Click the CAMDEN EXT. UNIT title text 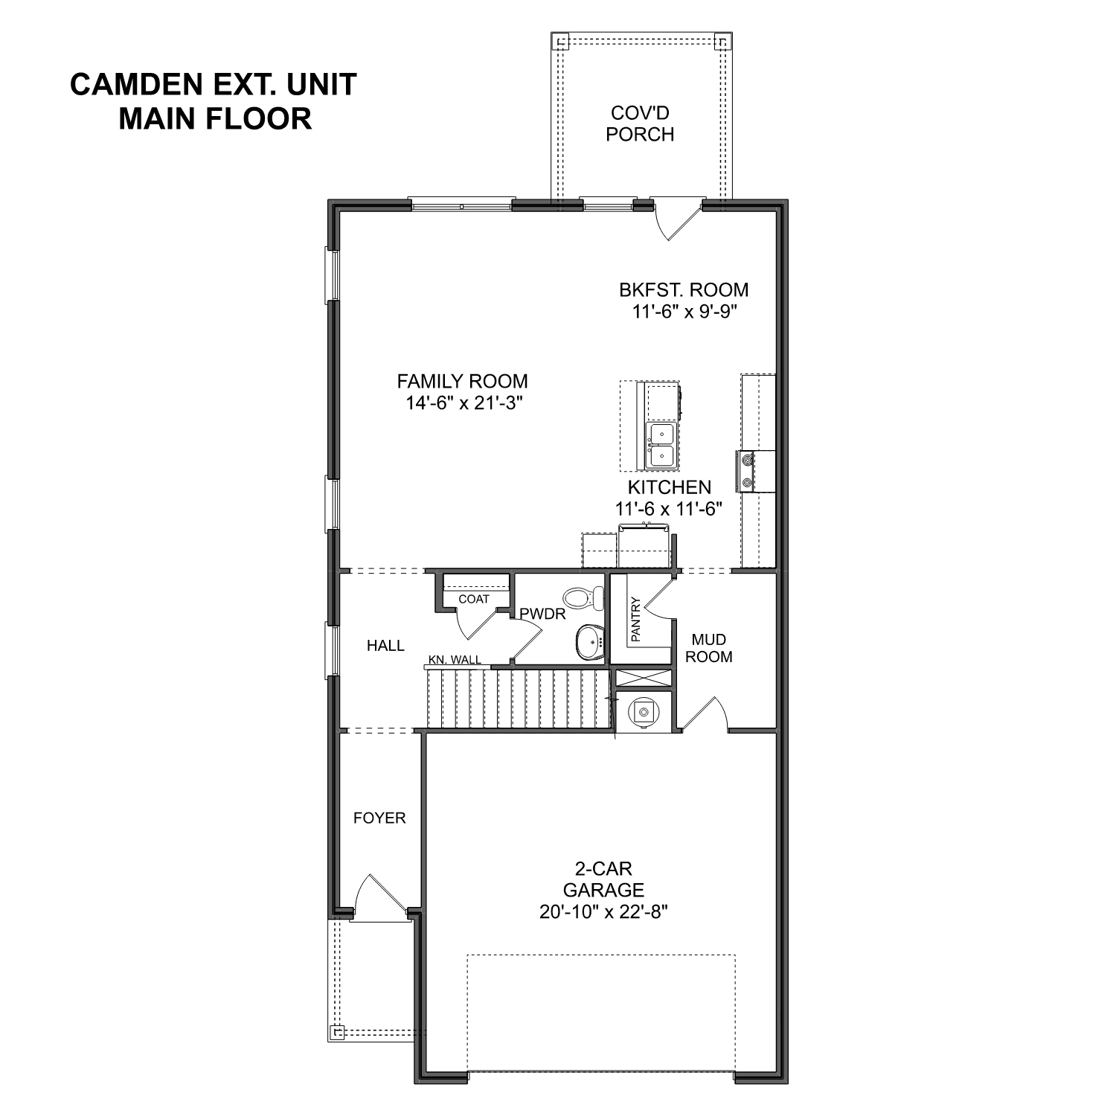tap(214, 84)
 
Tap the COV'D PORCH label tap(639, 124)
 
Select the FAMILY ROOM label tap(462, 381)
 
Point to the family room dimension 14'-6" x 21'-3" tap(462, 403)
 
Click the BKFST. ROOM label tap(684, 289)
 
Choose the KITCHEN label tap(669, 487)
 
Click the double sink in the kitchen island tap(660, 445)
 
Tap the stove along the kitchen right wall tap(746, 472)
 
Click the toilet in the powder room tap(586, 597)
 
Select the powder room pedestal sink tap(591, 641)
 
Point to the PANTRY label tap(635, 619)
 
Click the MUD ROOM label tap(708, 648)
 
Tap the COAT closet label tap(474, 599)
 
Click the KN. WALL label tap(455, 660)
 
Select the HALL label tap(385, 646)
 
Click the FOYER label tap(379, 818)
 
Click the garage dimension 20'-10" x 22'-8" tap(603, 912)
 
